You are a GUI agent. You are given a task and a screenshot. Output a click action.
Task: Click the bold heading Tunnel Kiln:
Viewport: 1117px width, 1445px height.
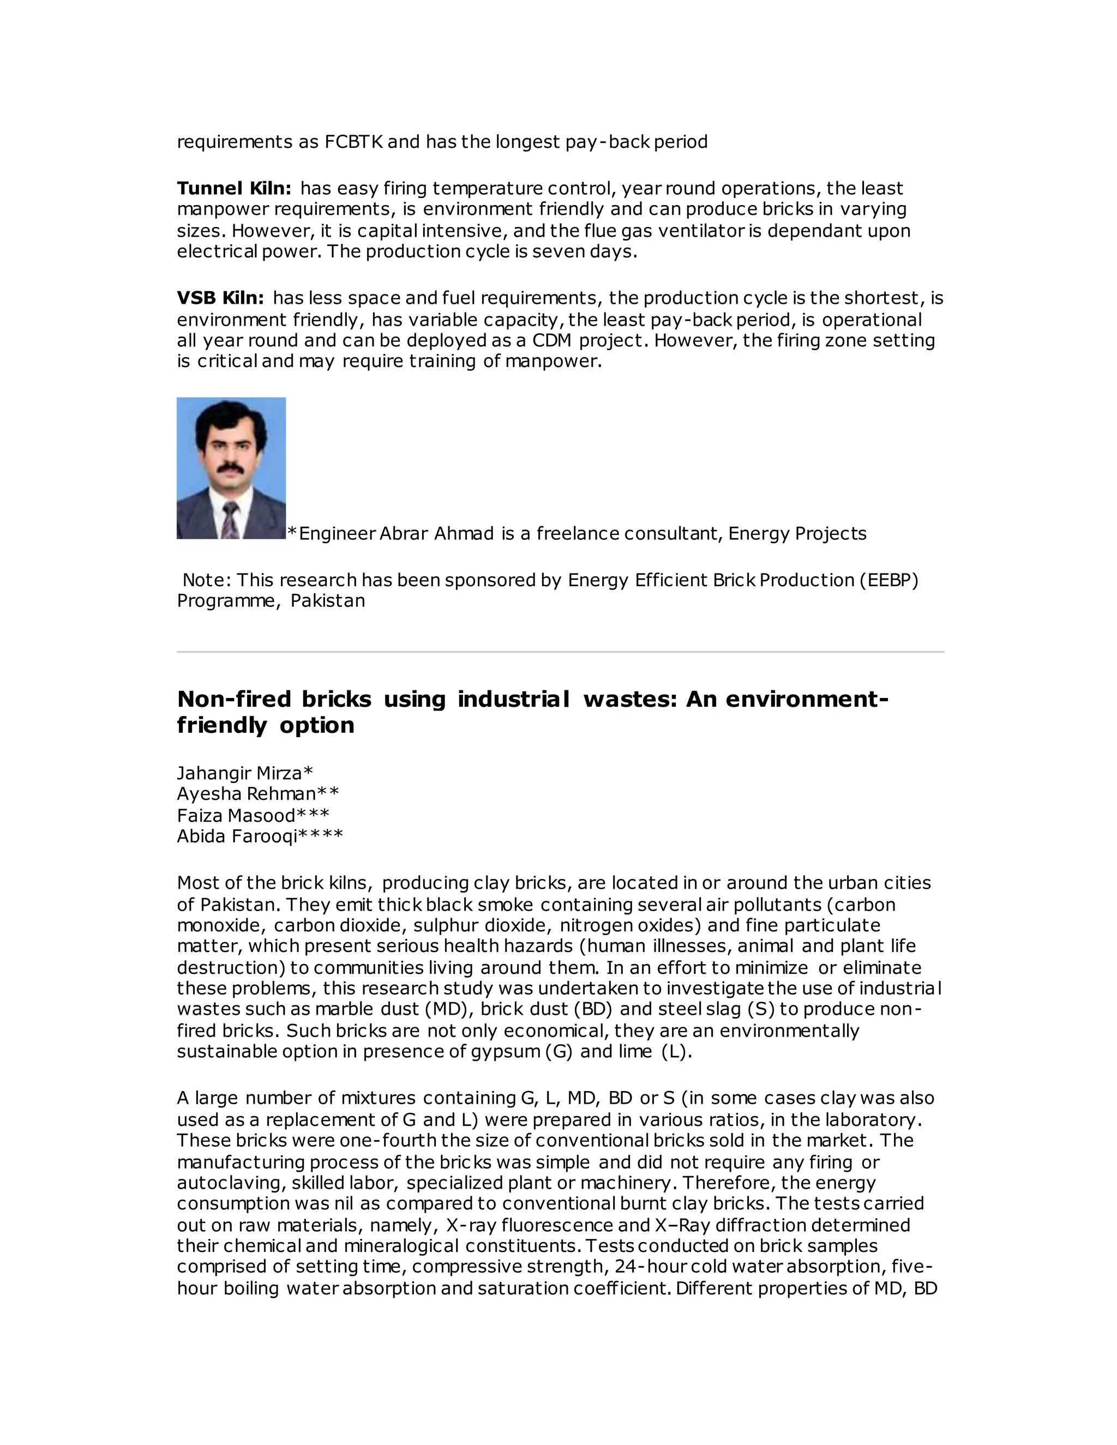(233, 189)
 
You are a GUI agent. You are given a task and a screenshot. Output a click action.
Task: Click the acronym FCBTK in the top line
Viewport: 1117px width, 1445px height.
(353, 142)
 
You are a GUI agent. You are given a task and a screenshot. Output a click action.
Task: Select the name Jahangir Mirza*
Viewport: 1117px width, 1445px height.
(245, 773)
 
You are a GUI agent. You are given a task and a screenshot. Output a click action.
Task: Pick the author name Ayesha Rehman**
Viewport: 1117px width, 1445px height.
(257, 794)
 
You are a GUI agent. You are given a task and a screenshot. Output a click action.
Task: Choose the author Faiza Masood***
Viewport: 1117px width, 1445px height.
(253, 815)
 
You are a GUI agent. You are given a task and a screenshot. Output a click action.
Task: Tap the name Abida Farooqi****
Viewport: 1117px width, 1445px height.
(260, 836)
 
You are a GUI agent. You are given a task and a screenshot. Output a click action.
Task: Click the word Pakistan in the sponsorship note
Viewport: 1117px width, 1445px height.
(328, 601)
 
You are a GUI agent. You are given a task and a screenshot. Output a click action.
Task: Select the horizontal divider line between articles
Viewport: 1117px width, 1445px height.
(560, 652)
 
